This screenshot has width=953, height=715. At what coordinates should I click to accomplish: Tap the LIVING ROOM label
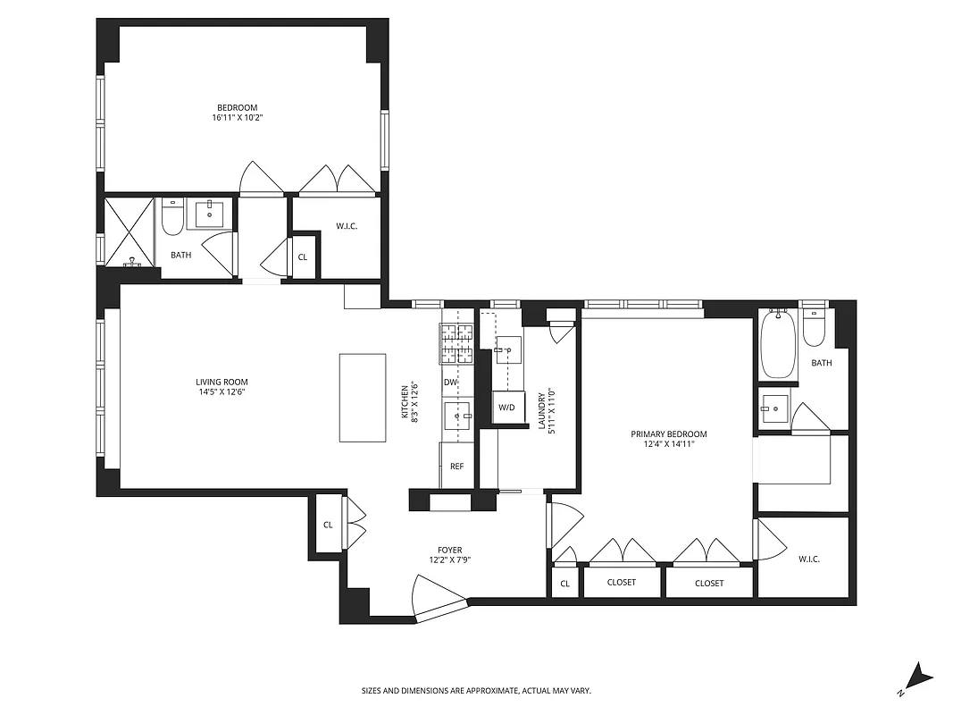(x=222, y=381)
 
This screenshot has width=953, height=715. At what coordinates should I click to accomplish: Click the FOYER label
(x=449, y=550)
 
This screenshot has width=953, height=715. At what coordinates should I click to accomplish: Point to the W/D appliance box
(x=507, y=408)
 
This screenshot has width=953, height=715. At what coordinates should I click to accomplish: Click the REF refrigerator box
(x=456, y=466)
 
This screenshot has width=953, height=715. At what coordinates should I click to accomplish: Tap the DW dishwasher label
(x=450, y=383)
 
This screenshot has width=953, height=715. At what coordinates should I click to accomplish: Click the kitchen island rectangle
(x=363, y=398)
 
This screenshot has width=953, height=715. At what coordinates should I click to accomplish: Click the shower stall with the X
(x=130, y=232)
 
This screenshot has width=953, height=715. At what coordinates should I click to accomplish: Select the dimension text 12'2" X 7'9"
(x=449, y=560)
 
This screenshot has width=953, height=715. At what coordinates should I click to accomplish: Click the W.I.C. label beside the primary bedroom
(x=808, y=559)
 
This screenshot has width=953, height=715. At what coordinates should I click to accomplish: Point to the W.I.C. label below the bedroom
(x=347, y=226)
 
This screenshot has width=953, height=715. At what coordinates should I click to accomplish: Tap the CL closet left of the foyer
(x=328, y=525)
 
